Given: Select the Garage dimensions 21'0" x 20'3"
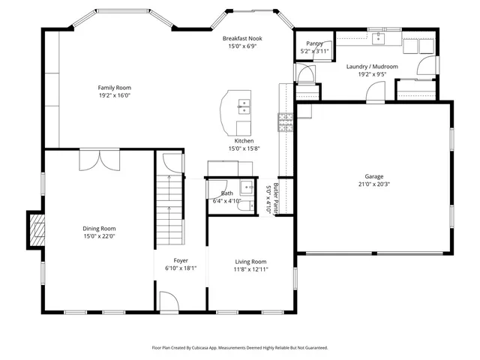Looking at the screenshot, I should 373,184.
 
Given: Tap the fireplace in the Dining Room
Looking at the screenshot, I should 35,229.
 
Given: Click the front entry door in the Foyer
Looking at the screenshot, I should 169,302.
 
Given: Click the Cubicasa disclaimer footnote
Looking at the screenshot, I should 240,348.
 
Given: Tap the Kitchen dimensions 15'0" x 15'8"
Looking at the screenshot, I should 244,148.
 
